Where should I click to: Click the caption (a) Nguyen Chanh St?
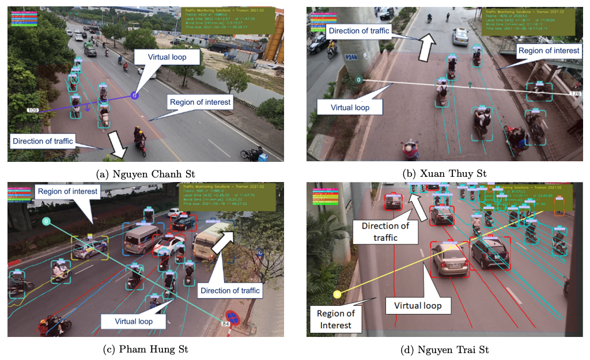(x=145, y=173)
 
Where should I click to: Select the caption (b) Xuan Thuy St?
(x=444, y=173)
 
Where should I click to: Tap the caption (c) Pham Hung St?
(x=145, y=350)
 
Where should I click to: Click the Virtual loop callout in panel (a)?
(x=167, y=57)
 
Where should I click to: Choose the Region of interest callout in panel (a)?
(x=199, y=103)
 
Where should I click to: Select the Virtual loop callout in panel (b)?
(x=350, y=107)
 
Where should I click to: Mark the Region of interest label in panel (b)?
(x=549, y=51)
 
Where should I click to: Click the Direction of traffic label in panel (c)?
(x=230, y=290)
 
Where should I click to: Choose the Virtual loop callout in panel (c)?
(x=134, y=321)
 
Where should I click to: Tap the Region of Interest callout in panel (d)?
(x=336, y=319)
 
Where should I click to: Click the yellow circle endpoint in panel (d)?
(x=337, y=295)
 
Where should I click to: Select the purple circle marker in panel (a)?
(x=134, y=95)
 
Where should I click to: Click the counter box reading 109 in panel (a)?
(x=32, y=109)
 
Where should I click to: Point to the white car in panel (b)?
(x=460, y=36)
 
